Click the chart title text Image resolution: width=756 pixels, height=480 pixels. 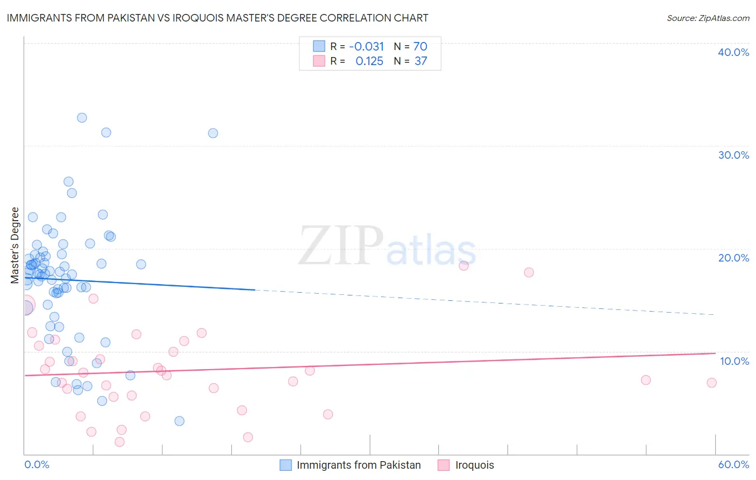[217, 18]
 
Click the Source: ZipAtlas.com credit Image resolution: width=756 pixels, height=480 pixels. [708, 18]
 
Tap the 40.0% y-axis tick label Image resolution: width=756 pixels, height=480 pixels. [733, 52]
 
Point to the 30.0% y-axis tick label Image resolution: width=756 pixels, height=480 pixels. [733, 155]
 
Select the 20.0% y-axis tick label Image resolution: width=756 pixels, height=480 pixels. [733, 258]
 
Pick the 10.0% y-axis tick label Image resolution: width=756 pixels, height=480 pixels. [733, 361]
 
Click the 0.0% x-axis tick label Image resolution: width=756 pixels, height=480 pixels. [37, 464]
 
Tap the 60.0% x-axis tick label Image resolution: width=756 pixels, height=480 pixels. [733, 464]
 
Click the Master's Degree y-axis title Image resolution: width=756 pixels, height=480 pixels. [15, 245]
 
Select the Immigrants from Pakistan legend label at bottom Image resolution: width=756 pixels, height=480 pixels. [359, 465]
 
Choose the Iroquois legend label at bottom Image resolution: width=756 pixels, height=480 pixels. [474, 465]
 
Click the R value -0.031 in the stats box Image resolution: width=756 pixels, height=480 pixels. [367, 46]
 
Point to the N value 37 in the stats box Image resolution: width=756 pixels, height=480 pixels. [420, 61]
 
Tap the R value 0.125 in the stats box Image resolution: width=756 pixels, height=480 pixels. [369, 61]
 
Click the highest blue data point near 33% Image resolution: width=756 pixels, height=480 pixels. [82, 118]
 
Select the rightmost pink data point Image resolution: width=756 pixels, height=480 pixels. [711, 383]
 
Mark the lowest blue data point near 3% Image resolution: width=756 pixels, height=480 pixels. [180, 421]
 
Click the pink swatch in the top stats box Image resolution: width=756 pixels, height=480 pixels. [319, 61]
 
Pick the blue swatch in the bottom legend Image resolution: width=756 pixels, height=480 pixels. [286, 465]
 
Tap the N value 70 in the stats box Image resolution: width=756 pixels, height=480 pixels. [420, 46]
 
